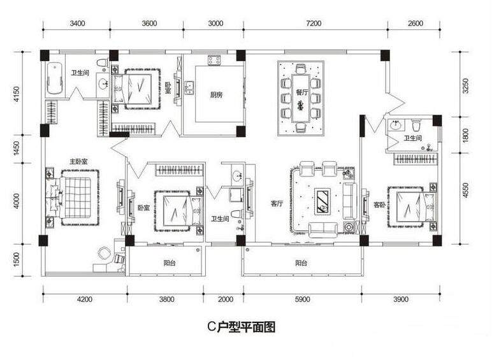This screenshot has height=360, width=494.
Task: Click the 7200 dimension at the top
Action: point(314,24)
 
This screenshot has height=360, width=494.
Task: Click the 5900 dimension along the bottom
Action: point(302,299)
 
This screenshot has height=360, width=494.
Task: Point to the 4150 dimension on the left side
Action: point(17,94)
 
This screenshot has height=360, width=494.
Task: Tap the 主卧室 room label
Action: point(78,162)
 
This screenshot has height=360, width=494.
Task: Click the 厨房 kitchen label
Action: point(217,94)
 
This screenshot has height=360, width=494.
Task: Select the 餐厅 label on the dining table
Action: point(302,92)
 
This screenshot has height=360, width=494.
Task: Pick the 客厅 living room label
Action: point(277,204)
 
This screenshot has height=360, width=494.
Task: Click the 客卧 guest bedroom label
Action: point(380,205)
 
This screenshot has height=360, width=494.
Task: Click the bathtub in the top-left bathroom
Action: point(55,78)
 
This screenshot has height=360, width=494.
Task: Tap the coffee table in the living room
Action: point(323,201)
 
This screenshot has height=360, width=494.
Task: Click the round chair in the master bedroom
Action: point(105,253)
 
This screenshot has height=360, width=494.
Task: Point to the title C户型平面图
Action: point(242,328)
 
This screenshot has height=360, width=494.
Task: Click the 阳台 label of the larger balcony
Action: point(301,263)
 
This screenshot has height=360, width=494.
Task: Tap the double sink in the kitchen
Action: point(190,87)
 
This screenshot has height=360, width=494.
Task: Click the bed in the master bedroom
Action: point(75,198)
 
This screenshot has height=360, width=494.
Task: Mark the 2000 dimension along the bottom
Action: point(226,299)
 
